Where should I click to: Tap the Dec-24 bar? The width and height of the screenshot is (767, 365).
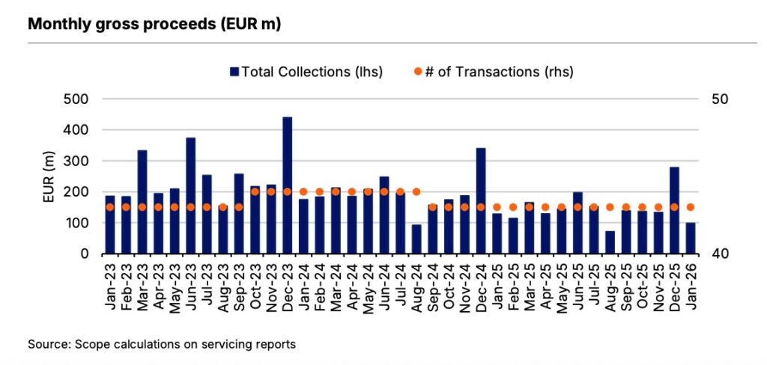[480, 201]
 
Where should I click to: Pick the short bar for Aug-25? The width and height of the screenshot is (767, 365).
[610, 242]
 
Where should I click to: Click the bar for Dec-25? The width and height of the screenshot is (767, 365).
[674, 210]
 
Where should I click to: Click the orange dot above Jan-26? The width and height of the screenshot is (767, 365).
[691, 207]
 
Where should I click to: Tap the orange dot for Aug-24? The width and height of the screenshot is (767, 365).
[416, 191]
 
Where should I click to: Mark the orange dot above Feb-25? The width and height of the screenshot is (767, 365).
[513, 207]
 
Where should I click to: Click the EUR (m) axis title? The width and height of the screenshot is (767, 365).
[49, 177]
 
